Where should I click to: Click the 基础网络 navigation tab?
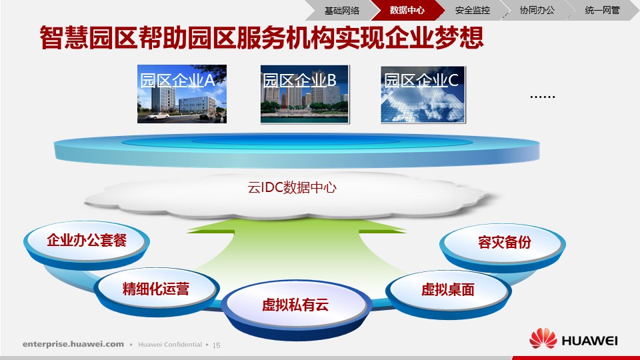[341, 10]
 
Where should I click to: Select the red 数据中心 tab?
[407, 10]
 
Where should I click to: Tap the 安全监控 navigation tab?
[472, 10]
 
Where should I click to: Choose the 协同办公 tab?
[537, 10]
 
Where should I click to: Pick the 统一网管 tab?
[603, 10]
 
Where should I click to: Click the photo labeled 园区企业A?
[181, 94]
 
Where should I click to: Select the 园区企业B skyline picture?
[305, 94]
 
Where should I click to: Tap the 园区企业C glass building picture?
[423, 95]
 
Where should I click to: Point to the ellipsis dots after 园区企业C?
[543, 97]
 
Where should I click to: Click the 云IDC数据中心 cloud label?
[292, 188]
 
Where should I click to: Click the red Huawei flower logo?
[543, 339]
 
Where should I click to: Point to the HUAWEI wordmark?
[589, 341]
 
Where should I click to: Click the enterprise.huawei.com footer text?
[73, 344]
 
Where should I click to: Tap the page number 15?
[216, 345]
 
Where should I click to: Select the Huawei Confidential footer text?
[170, 345]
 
